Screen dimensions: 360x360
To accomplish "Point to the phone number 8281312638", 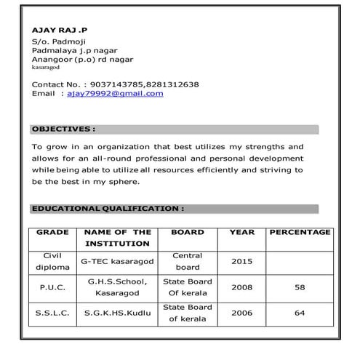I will tap(172, 84).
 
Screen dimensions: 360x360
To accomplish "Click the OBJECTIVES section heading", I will tap(63, 129).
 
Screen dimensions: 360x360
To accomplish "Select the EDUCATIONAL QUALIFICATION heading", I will tap(108, 209).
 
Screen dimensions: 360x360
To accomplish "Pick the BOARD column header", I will tap(187, 232).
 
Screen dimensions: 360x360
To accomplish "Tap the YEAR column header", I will tap(241, 232).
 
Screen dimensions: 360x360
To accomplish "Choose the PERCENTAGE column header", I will tap(300, 232).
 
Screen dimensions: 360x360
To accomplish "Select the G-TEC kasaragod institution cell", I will tap(117, 260).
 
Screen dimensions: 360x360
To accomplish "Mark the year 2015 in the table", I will tap(241, 260).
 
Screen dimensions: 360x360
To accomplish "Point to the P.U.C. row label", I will tap(52, 287).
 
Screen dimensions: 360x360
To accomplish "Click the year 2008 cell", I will tap(241, 287).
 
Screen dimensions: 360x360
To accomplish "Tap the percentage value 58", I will tap(300, 287).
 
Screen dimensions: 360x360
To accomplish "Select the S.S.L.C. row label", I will tap(52, 313).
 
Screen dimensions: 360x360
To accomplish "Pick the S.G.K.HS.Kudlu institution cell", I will tap(117, 313).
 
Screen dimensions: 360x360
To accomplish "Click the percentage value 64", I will tap(300, 313).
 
